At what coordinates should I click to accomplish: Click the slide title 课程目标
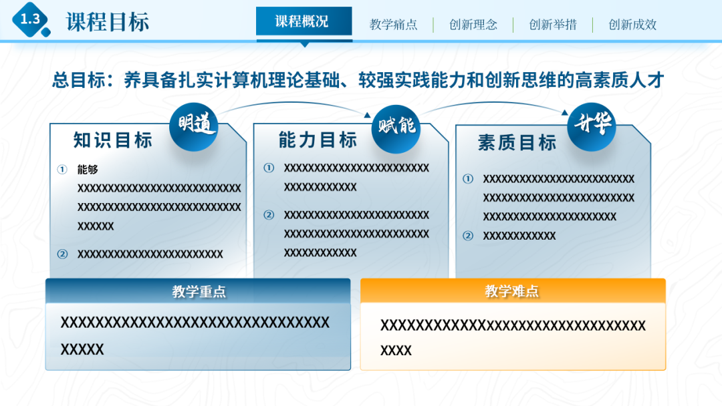click(107, 21)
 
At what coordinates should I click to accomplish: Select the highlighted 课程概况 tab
click(304, 21)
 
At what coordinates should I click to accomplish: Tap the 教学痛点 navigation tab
click(393, 25)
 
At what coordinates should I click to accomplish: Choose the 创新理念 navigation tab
click(473, 25)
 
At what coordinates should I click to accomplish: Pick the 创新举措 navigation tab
click(552, 25)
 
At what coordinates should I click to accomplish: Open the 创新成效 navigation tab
click(632, 25)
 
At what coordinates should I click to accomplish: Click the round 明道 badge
click(193, 126)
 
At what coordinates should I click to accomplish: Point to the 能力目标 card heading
click(318, 140)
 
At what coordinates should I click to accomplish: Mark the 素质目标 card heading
click(517, 142)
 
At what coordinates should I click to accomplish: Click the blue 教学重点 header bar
click(198, 291)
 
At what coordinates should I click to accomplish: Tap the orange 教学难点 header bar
click(512, 291)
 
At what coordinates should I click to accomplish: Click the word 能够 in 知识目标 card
click(88, 170)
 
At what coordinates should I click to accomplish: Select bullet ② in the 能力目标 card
click(269, 215)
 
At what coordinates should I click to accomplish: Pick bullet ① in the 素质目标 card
click(468, 179)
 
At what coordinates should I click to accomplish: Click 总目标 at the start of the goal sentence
click(78, 80)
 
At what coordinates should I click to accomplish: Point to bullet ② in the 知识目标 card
click(62, 254)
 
